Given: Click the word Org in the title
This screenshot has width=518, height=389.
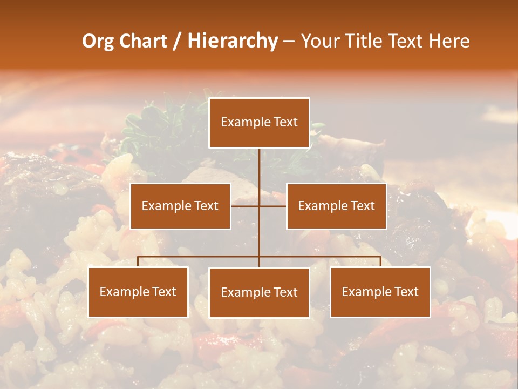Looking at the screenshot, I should pos(98,41).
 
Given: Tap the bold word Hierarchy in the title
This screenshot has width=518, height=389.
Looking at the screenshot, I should pos(233,41).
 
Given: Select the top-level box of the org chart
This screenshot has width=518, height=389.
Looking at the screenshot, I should pos(259,123).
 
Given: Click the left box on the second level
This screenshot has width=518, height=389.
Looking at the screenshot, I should pos(180,206).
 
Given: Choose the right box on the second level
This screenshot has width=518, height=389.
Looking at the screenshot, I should pos(336,206).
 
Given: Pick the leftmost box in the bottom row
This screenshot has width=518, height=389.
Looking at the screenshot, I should pos(138,292).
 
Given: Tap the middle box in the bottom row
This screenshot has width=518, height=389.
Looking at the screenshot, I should pos(259,292).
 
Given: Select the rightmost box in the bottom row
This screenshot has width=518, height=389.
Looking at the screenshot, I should pos(380,292).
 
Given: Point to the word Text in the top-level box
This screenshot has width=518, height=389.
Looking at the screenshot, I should pos(285,123).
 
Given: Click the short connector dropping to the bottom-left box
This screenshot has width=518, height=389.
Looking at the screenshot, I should pos(138,261).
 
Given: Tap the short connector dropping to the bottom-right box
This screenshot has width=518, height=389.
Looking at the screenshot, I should pos(380,261).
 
